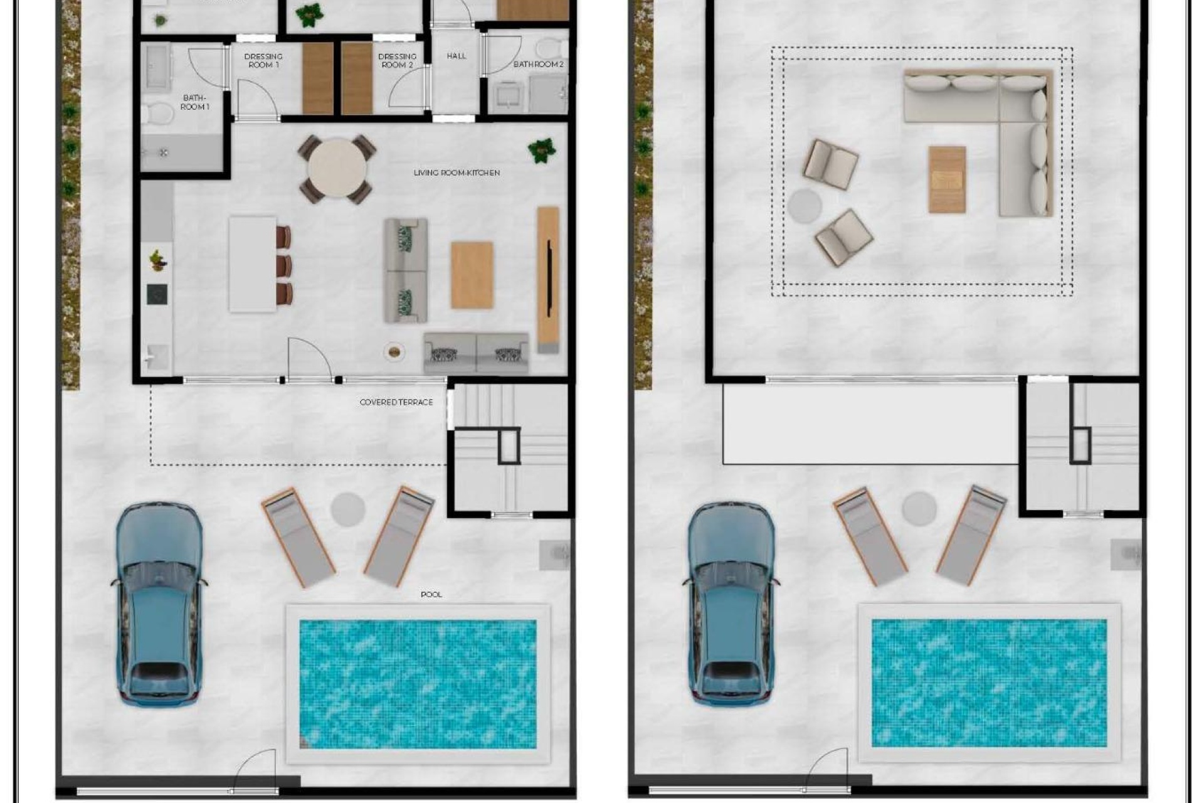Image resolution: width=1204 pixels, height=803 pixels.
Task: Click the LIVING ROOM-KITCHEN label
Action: (x=457, y=173)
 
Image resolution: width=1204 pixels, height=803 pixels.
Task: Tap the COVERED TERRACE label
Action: (x=396, y=402)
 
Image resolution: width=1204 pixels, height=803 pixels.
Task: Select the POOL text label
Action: (x=431, y=594)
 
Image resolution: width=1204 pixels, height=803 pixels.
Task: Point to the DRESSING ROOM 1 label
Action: (x=263, y=60)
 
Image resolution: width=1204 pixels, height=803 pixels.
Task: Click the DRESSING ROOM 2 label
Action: (x=397, y=60)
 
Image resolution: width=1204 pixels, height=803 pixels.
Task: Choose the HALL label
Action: (x=457, y=56)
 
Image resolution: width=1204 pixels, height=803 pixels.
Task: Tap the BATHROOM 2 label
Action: (x=538, y=64)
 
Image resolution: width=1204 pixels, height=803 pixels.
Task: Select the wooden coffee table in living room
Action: (x=472, y=275)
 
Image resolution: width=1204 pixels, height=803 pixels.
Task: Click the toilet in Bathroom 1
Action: (x=157, y=114)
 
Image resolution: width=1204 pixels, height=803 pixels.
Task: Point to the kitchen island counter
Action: (x=252, y=263)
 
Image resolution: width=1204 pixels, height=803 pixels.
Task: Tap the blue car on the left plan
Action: (x=159, y=602)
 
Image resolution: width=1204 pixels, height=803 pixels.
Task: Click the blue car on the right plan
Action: (x=731, y=602)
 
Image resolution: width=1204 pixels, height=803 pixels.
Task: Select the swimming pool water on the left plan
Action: (x=418, y=684)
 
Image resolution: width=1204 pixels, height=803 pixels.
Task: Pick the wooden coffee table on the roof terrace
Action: (x=947, y=179)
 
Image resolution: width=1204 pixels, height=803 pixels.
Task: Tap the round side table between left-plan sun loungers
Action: (x=347, y=509)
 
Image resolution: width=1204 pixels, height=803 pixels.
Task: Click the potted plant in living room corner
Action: (x=541, y=151)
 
